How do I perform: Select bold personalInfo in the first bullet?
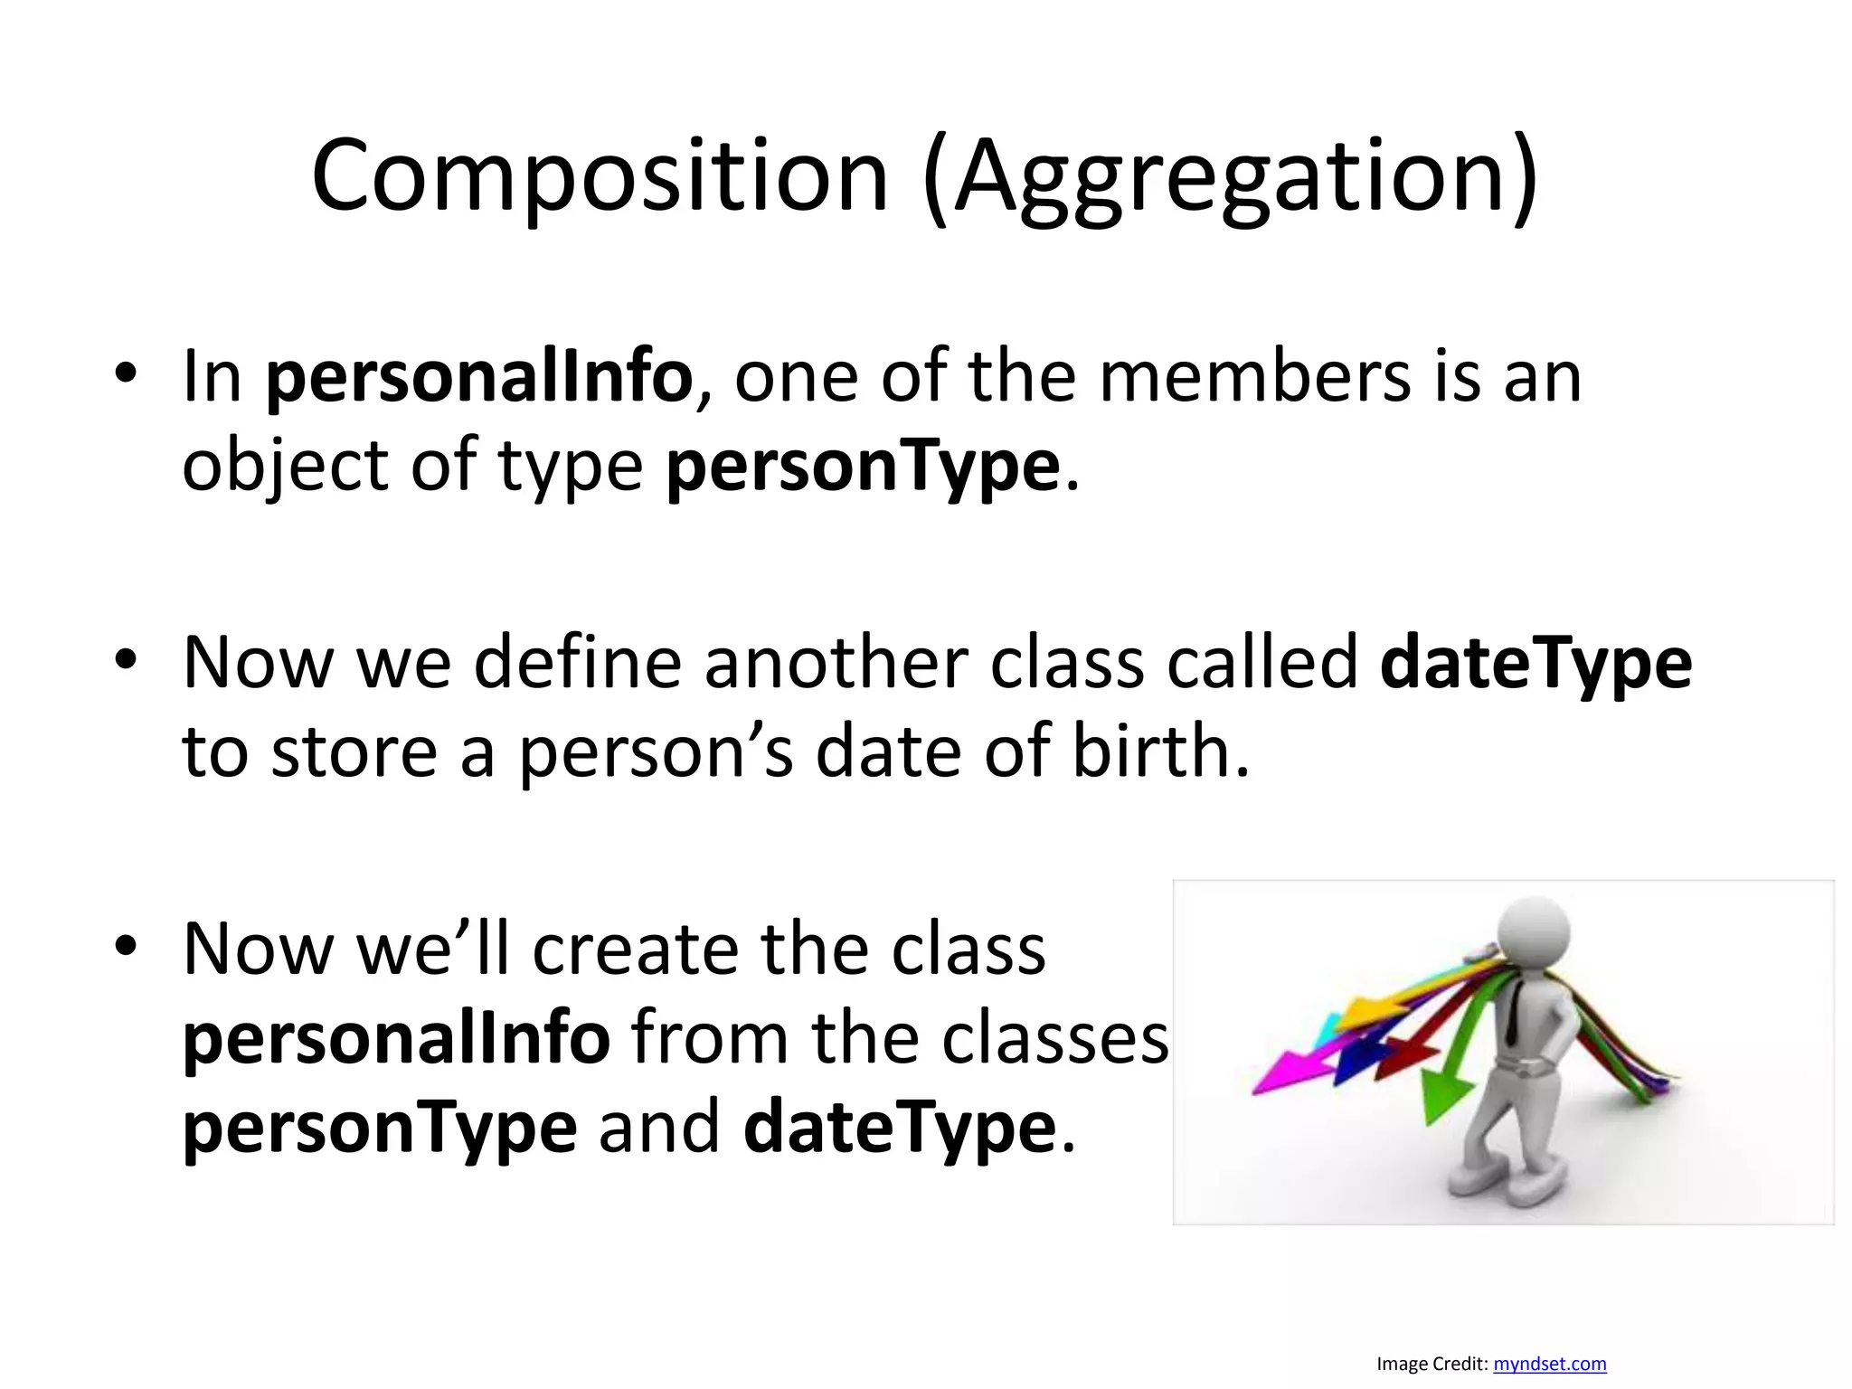(x=479, y=377)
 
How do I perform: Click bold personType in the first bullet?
(x=863, y=467)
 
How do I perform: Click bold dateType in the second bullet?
(x=1535, y=663)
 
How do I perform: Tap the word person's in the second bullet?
(x=656, y=753)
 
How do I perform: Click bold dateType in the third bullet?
(x=900, y=1129)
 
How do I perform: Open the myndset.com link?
(x=1549, y=1364)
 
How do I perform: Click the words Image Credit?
(x=1431, y=1364)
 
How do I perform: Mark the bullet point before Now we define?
(x=126, y=660)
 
